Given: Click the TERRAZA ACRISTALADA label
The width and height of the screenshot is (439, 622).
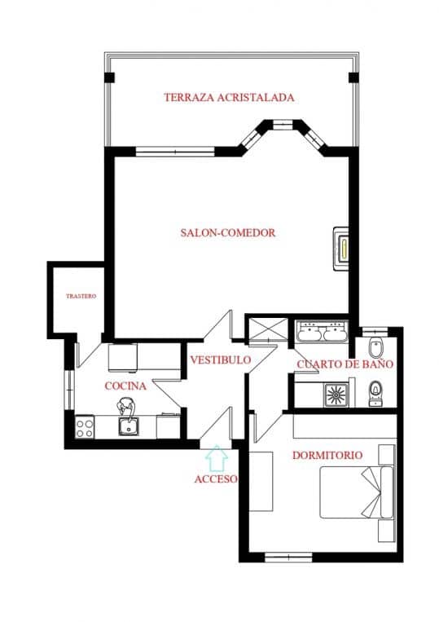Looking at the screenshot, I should pos(229,97).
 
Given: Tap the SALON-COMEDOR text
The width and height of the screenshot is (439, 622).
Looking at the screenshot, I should pos(228,232).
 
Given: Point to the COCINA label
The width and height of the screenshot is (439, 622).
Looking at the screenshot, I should pos(125,386).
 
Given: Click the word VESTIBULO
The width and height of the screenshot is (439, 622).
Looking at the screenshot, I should pos(221,360).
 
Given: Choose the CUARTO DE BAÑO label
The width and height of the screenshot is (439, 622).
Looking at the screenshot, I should pos(345,364).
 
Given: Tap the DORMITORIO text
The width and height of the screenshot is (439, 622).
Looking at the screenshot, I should pos(327,454).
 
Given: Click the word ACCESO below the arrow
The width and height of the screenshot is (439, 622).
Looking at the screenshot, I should pos(216,479).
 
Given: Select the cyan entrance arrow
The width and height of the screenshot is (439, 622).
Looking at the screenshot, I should pos(216,458).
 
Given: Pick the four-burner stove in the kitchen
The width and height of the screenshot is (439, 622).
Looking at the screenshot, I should pos(85,426).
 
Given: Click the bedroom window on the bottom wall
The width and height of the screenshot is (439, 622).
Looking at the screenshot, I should pos(288,558).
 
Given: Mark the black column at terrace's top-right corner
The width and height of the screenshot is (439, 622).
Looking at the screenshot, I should pos(353,77).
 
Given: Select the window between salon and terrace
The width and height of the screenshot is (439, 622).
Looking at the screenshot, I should pos(174,150).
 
